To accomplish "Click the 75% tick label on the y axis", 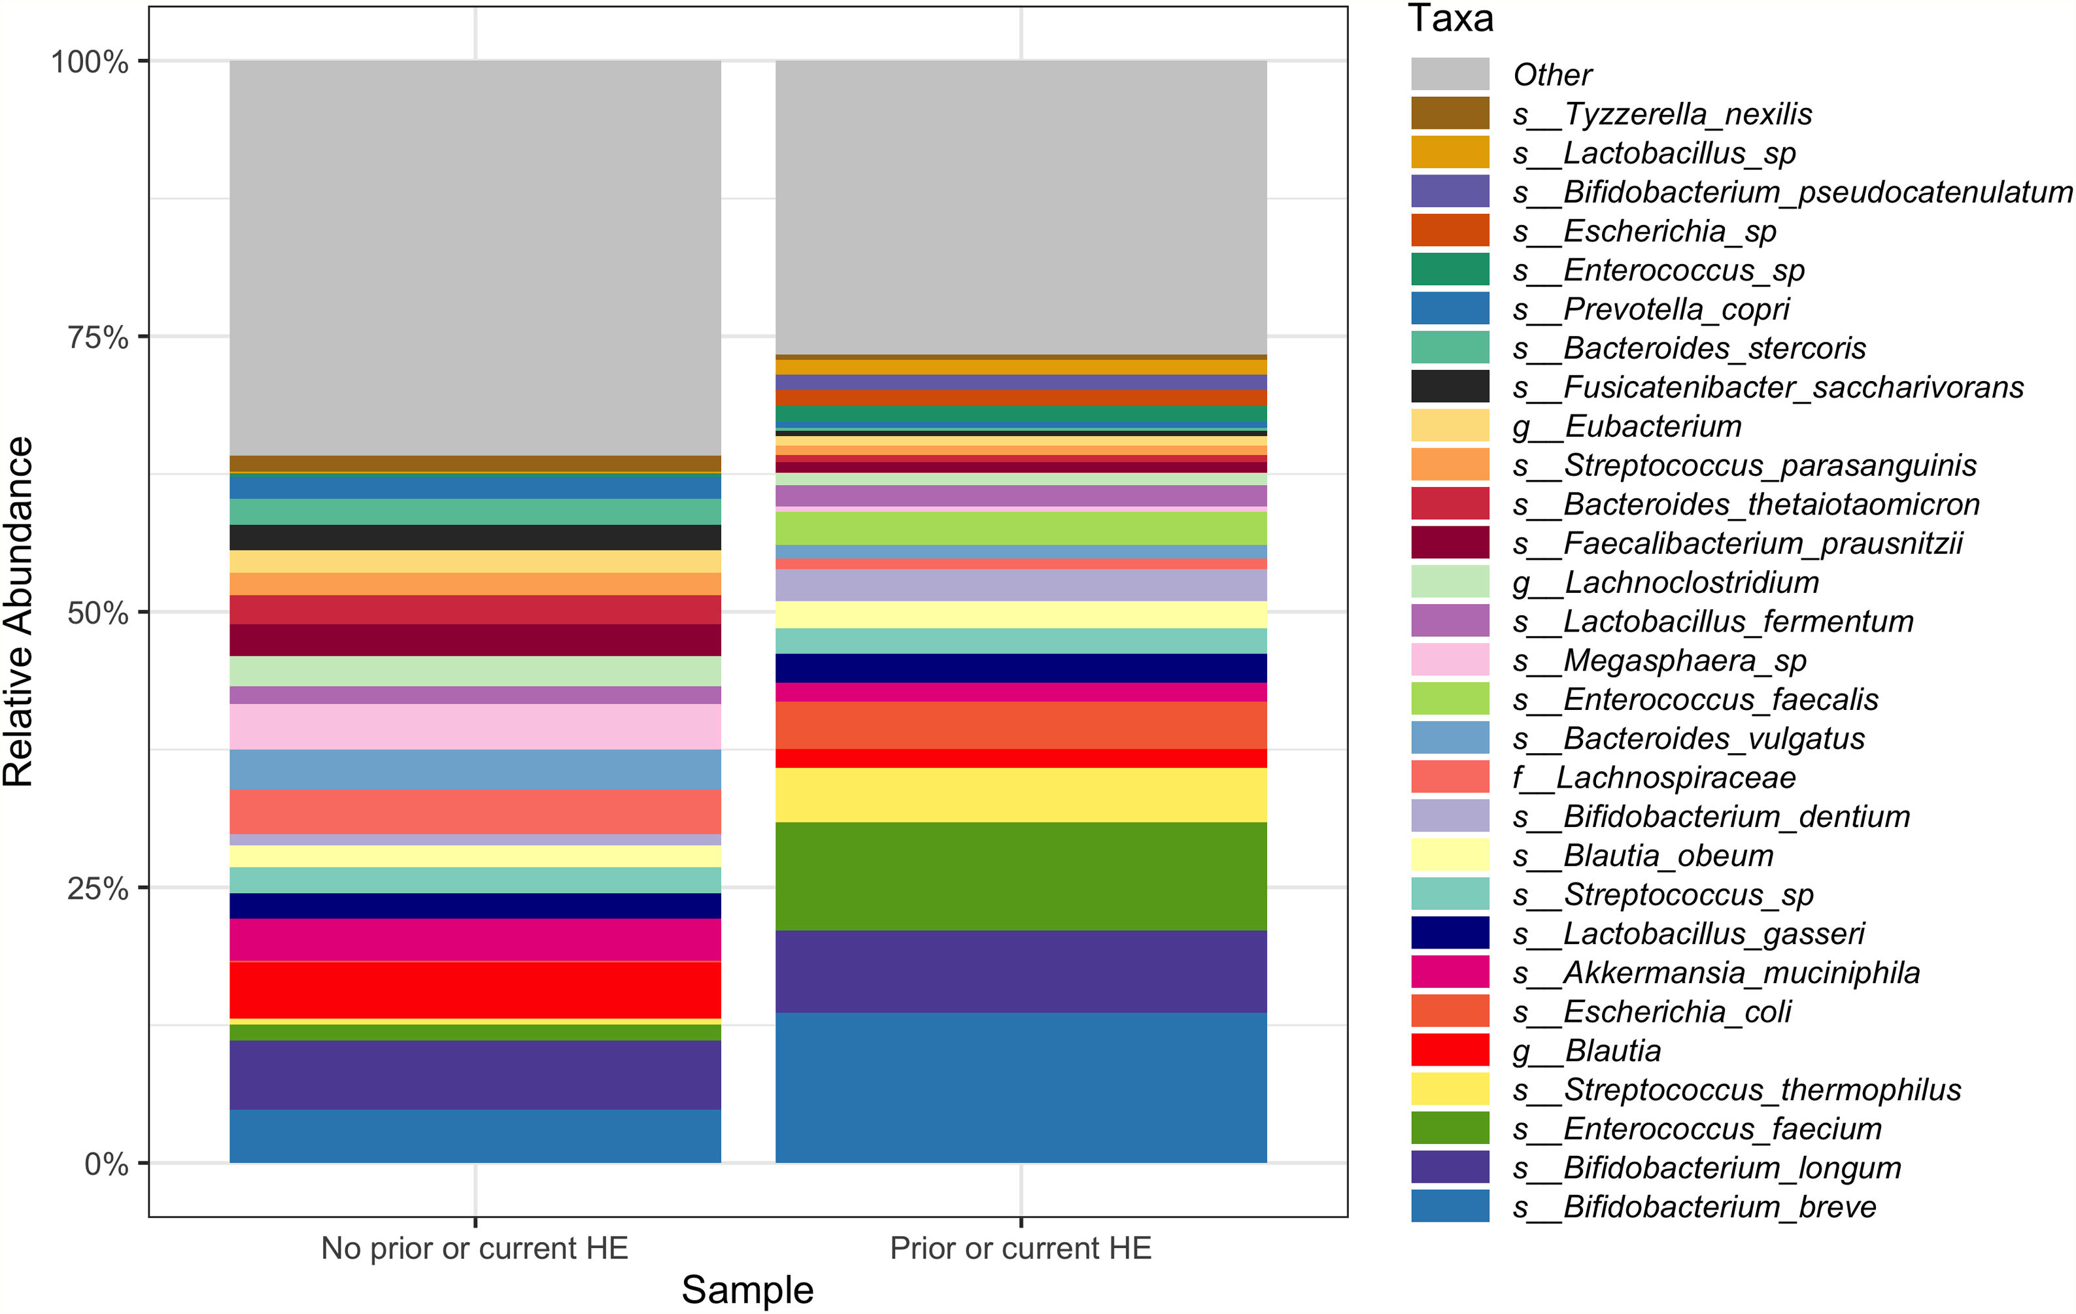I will click(x=97, y=337).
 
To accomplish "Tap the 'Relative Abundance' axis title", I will click(x=19, y=611).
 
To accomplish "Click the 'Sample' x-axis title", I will click(x=747, y=1290).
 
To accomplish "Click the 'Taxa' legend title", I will click(x=1450, y=19).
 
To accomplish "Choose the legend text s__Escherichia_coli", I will click(x=1677, y=1011).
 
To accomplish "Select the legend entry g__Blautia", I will click(x=1612, y=1050).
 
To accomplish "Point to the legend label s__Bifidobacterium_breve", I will click(x=1719, y=1206).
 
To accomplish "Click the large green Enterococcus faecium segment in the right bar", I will click(x=1021, y=876).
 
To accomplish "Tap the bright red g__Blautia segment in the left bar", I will click(x=475, y=990).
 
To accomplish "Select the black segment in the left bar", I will click(x=475, y=537).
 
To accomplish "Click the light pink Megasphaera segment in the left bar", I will click(x=475, y=726).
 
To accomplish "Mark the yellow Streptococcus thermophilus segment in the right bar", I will click(x=1021, y=794).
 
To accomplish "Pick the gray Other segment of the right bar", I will click(x=1021, y=207).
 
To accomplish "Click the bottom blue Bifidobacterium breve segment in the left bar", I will click(x=475, y=1136).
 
